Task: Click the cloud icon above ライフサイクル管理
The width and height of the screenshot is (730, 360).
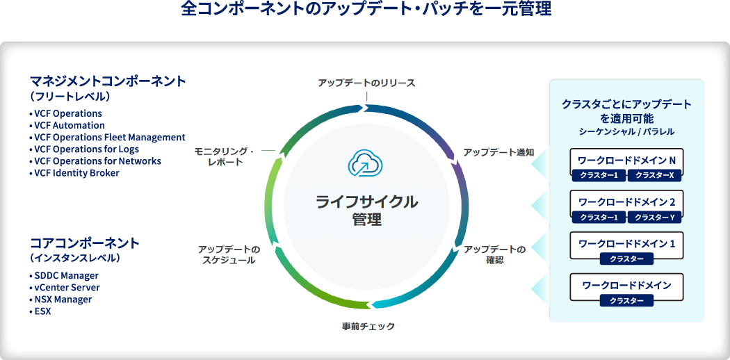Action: pos(366,163)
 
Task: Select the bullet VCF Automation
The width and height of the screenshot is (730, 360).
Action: pos(67,125)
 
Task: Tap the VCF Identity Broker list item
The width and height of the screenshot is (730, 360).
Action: pos(74,173)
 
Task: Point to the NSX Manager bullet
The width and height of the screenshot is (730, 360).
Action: pos(60,299)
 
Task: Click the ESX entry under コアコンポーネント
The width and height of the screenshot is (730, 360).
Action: pos(40,311)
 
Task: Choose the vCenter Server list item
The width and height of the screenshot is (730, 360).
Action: pos(64,288)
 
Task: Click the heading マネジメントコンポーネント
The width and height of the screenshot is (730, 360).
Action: pos(108,81)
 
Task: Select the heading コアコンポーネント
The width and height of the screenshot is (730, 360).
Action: pos(85,243)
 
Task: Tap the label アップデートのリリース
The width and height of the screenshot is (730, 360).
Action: pos(366,83)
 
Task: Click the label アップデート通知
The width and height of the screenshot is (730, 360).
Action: pos(498,153)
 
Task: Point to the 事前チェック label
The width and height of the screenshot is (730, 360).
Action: pos(368,326)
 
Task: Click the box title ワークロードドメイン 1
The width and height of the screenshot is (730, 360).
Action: pos(626,243)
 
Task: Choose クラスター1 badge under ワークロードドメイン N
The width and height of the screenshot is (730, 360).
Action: pos(599,175)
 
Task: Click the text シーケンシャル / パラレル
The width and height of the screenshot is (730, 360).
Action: pos(626,131)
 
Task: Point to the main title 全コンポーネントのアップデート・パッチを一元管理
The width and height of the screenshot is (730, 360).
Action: pos(366,10)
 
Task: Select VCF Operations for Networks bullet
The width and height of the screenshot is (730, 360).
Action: pos(95,161)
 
